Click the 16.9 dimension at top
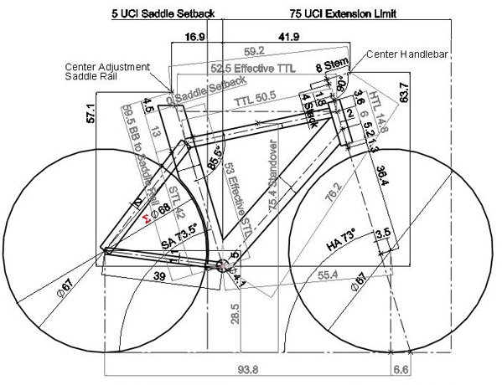coord(194,37)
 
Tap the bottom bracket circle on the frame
coord(222,265)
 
